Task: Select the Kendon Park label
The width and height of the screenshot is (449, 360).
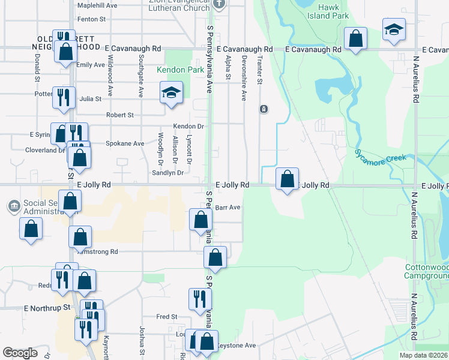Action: [172, 70]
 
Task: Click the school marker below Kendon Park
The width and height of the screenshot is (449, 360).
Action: [171, 94]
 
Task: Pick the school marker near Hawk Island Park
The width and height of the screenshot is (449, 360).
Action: [394, 30]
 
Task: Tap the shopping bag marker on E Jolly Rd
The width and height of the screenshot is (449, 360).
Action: [288, 178]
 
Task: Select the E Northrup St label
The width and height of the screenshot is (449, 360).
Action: [47, 308]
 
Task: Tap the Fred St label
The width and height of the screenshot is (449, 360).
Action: [166, 316]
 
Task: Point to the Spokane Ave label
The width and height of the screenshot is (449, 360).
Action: [125, 143]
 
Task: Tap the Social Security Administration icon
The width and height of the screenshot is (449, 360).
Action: [13, 206]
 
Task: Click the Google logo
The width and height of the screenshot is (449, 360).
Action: [20, 353]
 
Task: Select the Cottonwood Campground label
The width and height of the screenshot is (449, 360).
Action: [427, 271]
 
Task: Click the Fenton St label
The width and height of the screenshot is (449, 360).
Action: [91, 19]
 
